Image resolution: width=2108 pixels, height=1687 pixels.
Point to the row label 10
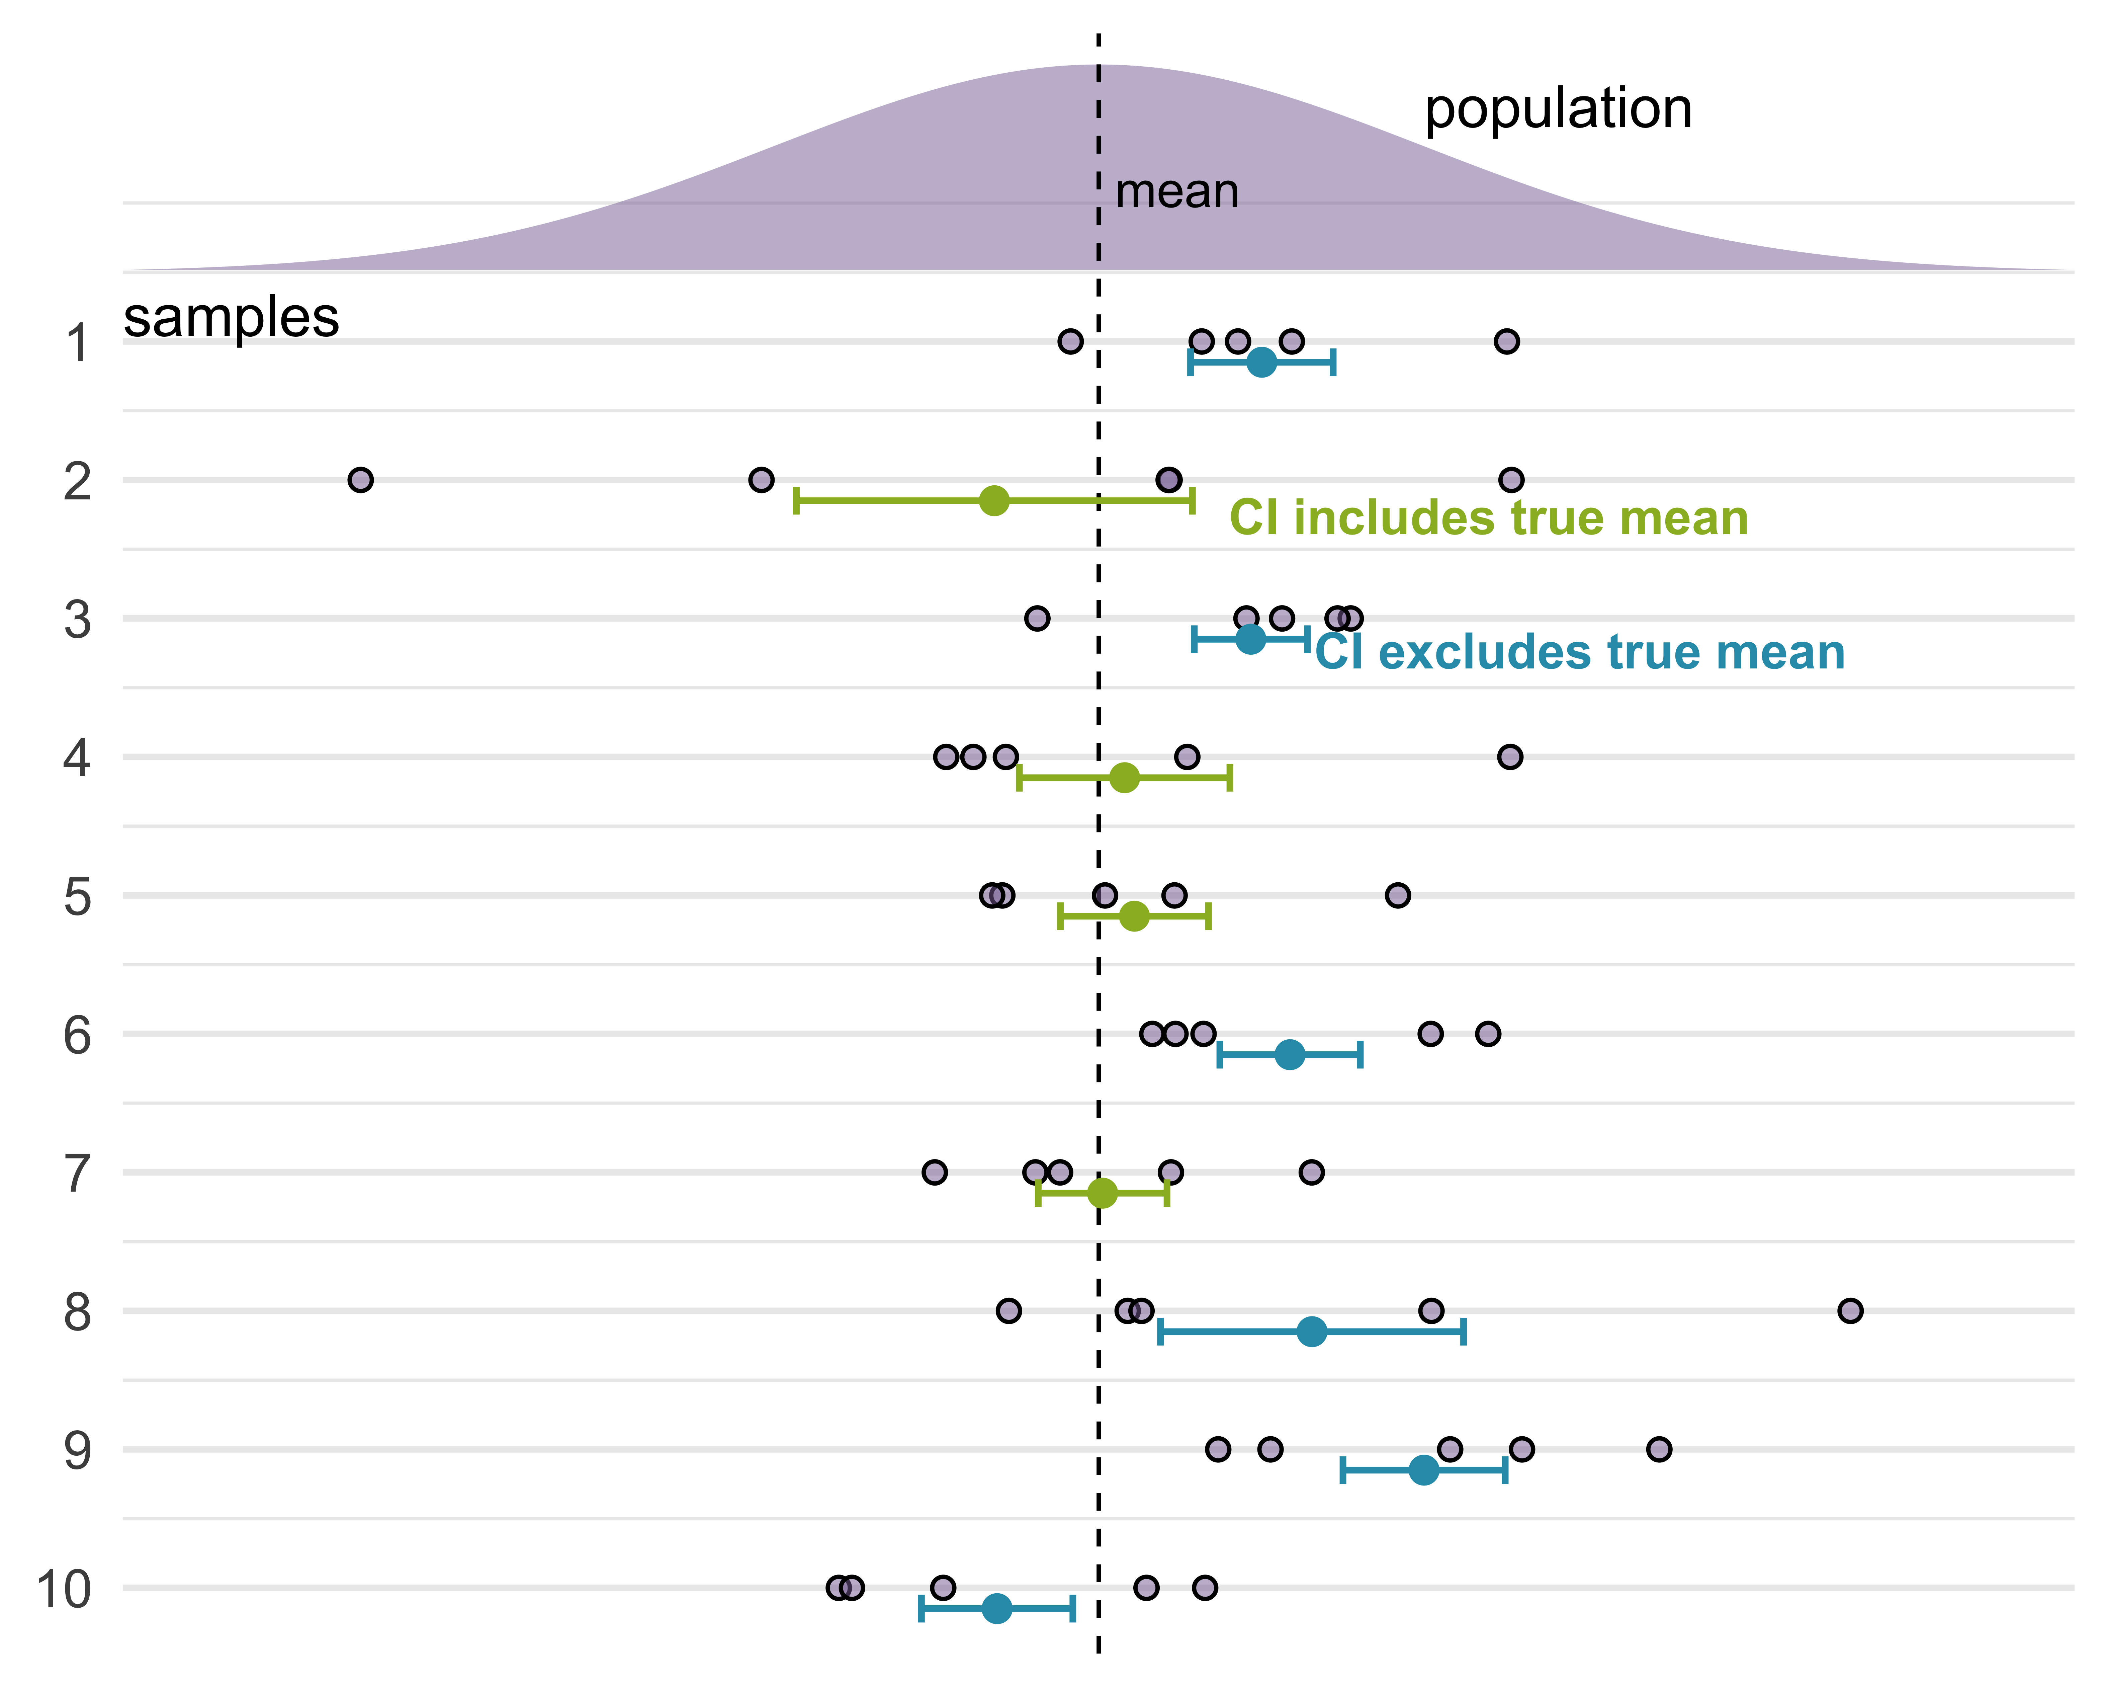[x=65, y=1589]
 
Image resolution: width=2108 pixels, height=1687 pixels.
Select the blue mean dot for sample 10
[x=996, y=1608]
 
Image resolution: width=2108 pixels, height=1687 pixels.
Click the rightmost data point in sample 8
[x=1850, y=1310]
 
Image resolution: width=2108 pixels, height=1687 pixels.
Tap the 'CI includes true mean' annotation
[x=1488, y=518]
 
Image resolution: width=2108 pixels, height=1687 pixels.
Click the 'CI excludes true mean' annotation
[x=1579, y=652]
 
